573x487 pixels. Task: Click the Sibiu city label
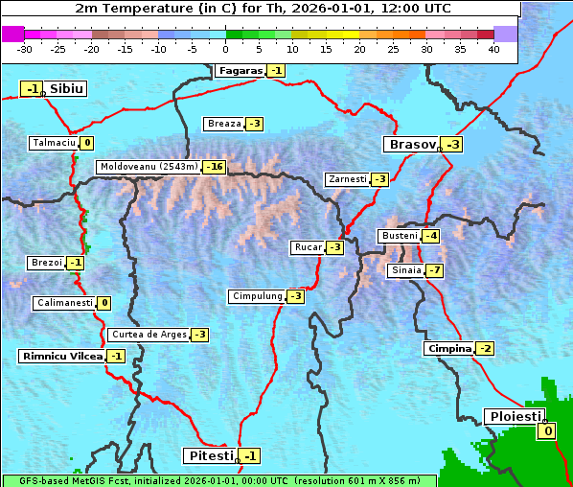pos(66,89)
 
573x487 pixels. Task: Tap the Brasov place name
pos(411,145)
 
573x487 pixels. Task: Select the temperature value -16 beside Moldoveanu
pos(214,167)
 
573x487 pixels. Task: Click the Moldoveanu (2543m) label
pos(149,167)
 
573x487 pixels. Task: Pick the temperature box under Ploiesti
pos(547,432)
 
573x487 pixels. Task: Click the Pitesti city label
pos(208,455)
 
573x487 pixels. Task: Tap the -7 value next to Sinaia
pos(435,270)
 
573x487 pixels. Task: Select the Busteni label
pos(399,236)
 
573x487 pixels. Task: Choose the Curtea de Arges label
pos(148,335)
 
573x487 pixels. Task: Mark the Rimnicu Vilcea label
pos(61,356)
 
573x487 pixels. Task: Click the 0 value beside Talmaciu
pos(87,143)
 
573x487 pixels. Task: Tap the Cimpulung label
pos(257,296)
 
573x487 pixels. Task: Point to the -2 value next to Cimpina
pos(486,349)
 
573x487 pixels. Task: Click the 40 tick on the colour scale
pos(493,49)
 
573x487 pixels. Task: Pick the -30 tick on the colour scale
pos(25,49)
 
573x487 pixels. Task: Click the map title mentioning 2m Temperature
pos(263,8)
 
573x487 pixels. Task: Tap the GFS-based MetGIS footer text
pos(218,480)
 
